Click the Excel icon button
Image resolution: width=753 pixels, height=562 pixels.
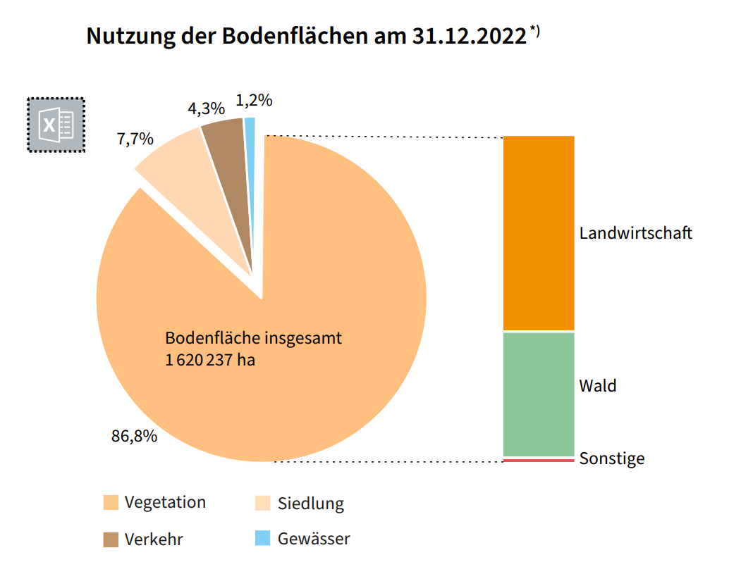pos(56,125)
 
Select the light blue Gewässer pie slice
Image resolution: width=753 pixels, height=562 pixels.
pos(250,141)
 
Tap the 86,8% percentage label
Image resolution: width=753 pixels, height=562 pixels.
pos(134,436)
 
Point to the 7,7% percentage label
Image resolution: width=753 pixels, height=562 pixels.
pos(135,139)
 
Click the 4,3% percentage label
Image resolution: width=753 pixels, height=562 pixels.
pos(206,109)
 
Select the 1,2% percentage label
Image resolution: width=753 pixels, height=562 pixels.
pos(254,101)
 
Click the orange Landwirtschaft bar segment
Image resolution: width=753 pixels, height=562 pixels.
pos(539,232)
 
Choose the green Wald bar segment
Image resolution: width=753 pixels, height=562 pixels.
pos(539,394)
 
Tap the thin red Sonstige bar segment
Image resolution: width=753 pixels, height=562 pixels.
pos(539,460)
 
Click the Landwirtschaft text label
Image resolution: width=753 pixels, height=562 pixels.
pos(636,233)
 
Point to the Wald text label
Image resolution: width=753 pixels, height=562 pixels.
pos(598,386)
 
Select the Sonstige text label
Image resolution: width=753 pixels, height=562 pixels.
pos(612,459)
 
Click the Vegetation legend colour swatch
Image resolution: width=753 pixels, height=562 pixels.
pos(111,503)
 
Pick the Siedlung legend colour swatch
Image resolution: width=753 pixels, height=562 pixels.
pos(262,504)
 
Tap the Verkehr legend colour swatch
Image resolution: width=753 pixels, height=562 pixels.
pos(111,539)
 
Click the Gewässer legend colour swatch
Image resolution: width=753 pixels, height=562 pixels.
pos(262,539)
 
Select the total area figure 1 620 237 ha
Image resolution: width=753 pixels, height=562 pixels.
pos(210,361)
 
